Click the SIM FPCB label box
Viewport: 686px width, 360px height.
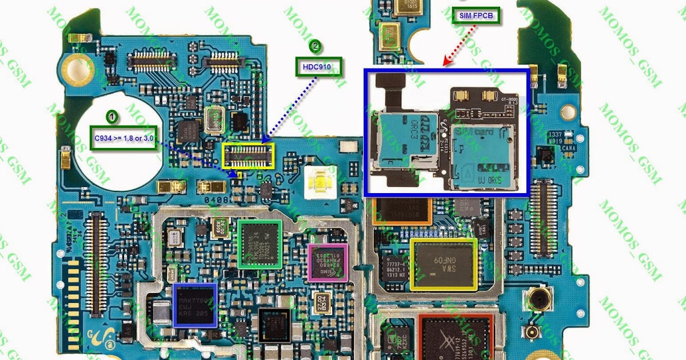pos(479,16)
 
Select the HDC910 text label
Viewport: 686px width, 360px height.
pos(319,67)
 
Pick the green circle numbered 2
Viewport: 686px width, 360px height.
pos(314,46)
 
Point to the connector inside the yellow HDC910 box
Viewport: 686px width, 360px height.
pos(248,155)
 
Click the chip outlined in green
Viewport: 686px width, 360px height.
pos(260,244)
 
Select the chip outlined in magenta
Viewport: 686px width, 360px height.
pos(328,262)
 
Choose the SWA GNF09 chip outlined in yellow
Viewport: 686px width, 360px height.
pos(444,264)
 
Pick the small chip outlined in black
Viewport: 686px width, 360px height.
pos(274,326)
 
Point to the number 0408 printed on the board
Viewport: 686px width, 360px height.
pos(218,201)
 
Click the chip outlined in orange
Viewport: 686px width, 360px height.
pos(401,210)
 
